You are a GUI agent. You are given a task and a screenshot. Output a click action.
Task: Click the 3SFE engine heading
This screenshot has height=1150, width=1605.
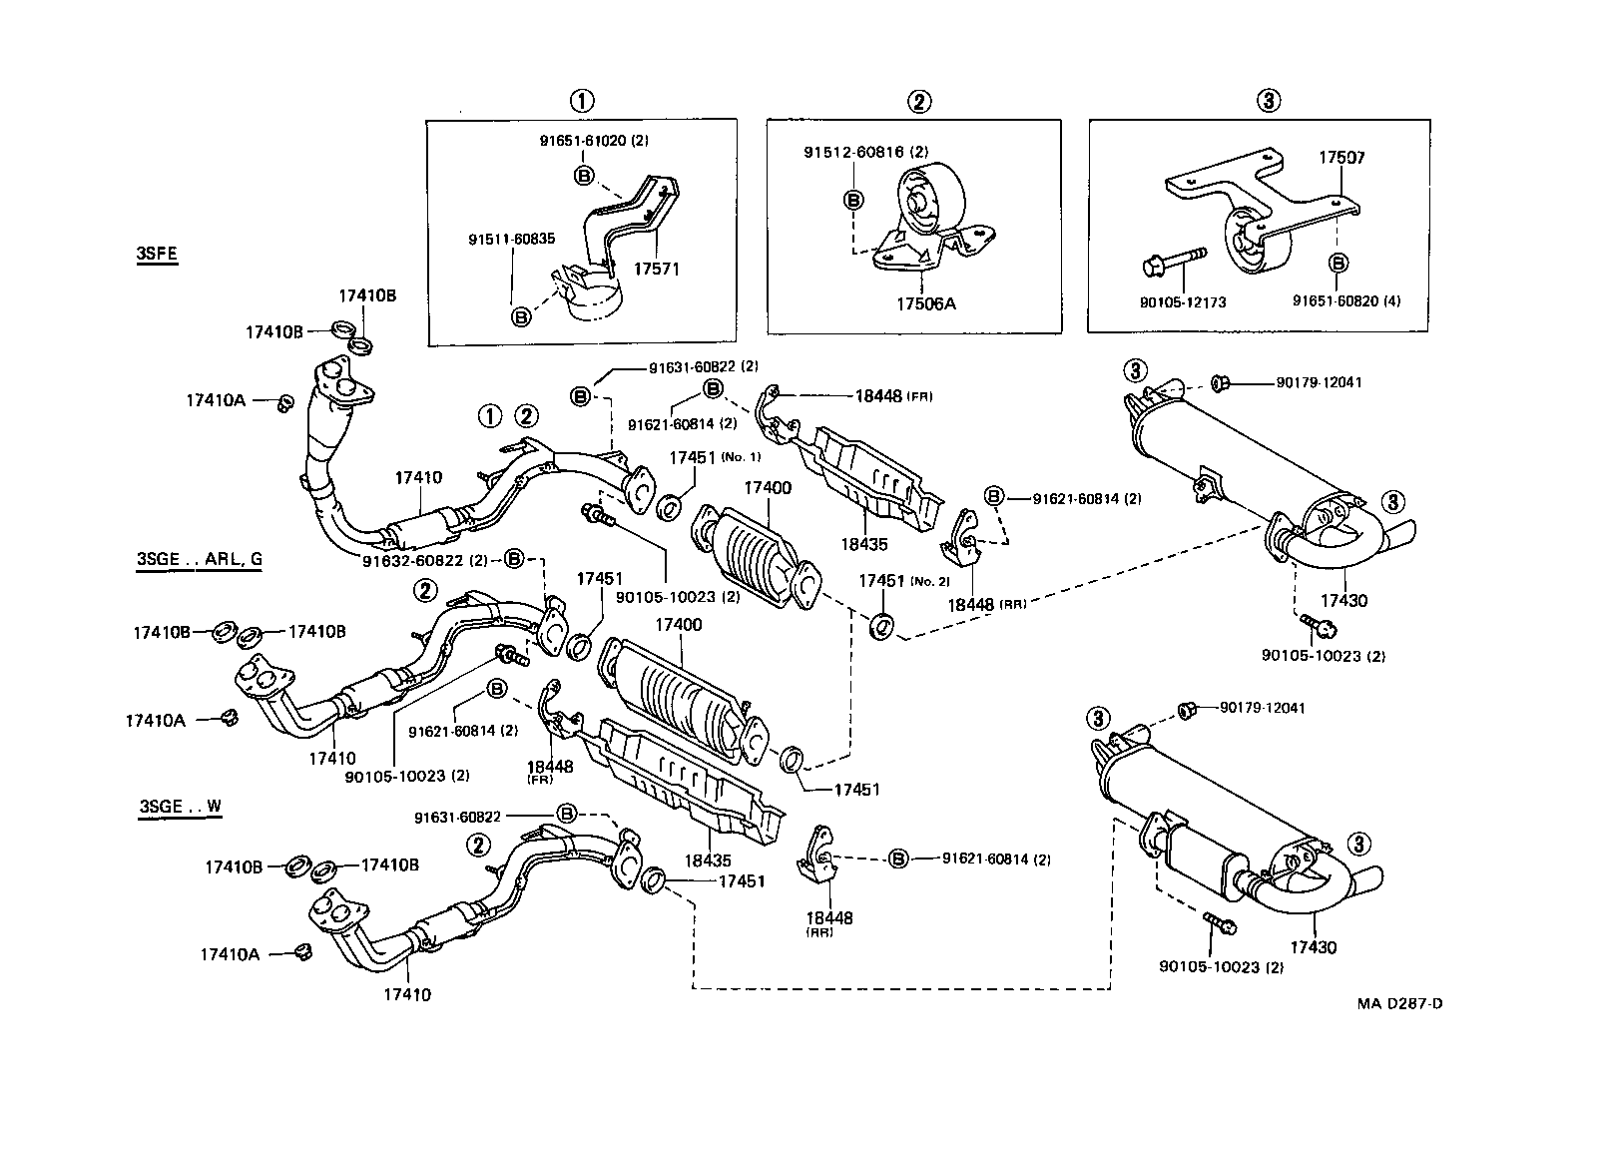pyautogui.click(x=157, y=254)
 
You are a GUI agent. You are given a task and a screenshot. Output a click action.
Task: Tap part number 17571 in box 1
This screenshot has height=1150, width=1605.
pyautogui.click(x=656, y=270)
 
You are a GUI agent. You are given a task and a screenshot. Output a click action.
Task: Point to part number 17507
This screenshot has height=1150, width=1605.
pyautogui.click(x=1341, y=158)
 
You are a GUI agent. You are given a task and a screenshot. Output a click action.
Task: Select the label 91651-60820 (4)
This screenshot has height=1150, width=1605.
pyautogui.click(x=1346, y=299)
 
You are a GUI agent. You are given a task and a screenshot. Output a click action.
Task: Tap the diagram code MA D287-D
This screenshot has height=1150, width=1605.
pyautogui.click(x=1398, y=1003)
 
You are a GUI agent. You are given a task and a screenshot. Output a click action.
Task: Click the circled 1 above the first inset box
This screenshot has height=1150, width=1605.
pyautogui.click(x=581, y=101)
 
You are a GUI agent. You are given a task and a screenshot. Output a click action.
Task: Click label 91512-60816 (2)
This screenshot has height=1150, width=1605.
pyautogui.click(x=866, y=152)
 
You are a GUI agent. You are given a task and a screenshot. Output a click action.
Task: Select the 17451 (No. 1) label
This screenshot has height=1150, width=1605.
pyautogui.click(x=714, y=457)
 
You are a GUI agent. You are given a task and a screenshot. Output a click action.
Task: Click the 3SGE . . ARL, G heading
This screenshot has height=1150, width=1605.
pyautogui.click(x=200, y=558)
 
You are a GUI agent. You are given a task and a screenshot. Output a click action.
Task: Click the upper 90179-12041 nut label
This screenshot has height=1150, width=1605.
pyautogui.click(x=1319, y=382)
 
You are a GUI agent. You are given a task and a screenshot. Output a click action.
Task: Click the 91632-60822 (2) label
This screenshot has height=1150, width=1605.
pyautogui.click(x=424, y=560)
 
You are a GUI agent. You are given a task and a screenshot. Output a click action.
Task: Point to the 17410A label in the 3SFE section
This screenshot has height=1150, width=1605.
pyautogui.click(x=215, y=400)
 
